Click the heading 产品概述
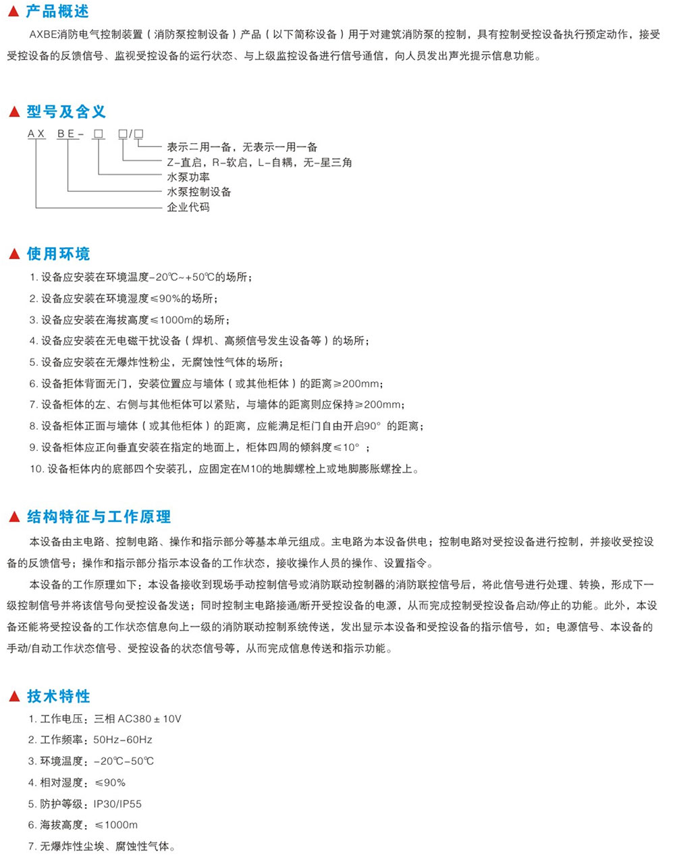pos(57,12)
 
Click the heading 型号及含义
pos(66,112)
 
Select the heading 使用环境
pos(58,254)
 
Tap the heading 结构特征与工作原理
pos(99,517)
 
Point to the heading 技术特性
pos(58,697)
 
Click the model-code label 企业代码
pos(188,207)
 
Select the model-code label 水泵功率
pos(188,178)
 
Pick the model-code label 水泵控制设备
pos(199,192)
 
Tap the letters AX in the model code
pos(36,134)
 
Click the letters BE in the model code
pos(66,134)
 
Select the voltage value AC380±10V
pos(149,719)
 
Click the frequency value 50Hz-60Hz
pos(123,740)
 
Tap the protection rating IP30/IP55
pos(117,804)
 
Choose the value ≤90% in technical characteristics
pos(110,783)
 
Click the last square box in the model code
pos(139,134)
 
